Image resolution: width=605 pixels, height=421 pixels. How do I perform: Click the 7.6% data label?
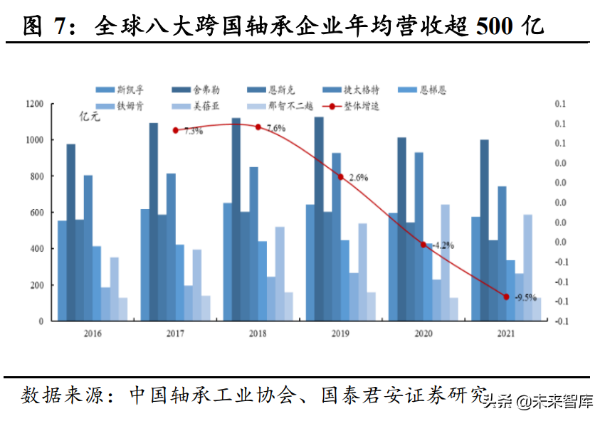click(275, 129)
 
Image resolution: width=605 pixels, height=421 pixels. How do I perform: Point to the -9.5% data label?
click(525, 297)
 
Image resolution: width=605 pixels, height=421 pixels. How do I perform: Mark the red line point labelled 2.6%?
click(341, 177)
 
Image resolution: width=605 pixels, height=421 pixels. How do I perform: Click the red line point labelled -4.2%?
click(423, 245)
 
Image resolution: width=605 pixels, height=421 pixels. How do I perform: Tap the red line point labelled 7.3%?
click(175, 130)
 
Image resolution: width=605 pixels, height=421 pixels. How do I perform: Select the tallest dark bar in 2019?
click(319, 218)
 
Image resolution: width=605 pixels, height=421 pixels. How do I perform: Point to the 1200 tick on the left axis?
click(35, 104)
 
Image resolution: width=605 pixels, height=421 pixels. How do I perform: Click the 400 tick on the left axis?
click(38, 249)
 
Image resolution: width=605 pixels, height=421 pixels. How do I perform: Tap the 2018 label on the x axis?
click(257, 334)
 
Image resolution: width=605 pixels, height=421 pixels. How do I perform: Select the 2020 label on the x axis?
click(422, 334)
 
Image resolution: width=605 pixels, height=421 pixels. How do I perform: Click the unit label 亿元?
click(90, 118)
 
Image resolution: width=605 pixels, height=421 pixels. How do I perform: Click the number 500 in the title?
click(493, 26)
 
